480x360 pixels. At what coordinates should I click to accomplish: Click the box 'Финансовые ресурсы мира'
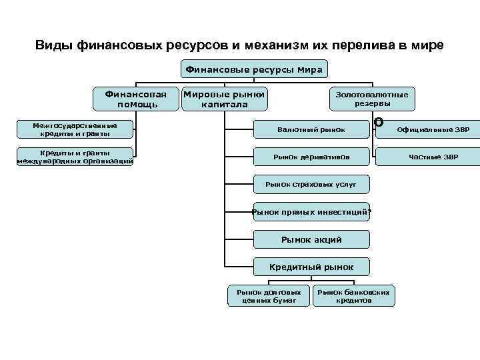[x=253, y=69]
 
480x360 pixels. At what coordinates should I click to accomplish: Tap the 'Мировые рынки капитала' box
[x=225, y=99]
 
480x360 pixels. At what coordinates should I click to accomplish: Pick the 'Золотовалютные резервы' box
[x=372, y=99]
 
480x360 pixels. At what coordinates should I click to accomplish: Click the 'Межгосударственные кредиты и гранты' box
[x=75, y=129]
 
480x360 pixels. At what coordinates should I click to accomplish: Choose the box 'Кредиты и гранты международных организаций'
[x=75, y=157]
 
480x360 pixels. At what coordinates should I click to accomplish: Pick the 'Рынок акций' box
[x=311, y=239]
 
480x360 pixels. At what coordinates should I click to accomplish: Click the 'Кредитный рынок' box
[x=311, y=267]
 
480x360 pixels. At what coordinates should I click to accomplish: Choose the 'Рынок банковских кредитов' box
[x=353, y=296]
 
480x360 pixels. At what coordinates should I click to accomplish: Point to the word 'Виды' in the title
[x=54, y=46]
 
